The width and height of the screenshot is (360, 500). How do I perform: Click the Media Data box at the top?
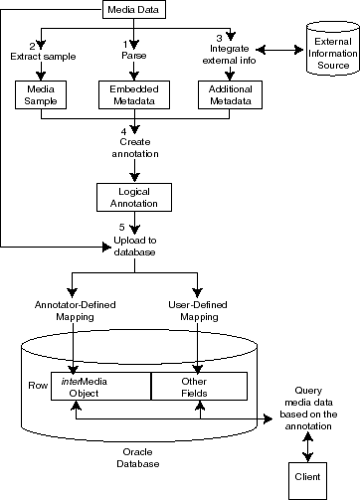click(129, 11)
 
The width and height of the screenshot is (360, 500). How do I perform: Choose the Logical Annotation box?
click(129, 196)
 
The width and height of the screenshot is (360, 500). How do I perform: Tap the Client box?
click(307, 474)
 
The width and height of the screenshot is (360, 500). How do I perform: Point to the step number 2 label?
click(32, 47)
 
